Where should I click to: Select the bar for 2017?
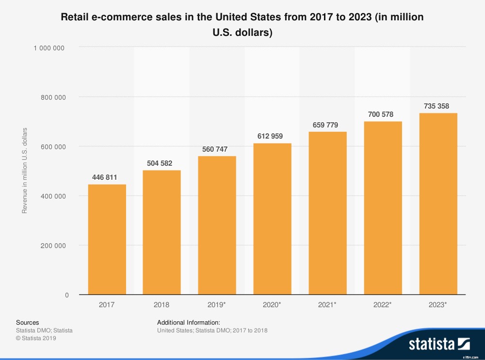click(x=107, y=239)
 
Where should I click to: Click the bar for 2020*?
click(x=272, y=219)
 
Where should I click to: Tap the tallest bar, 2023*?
click(x=438, y=203)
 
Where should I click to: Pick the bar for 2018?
click(x=162, y=232)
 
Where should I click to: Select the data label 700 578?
click(x=383, y=114)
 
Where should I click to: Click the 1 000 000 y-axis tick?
click(x=49, y=47)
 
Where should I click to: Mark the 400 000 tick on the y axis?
click(x=52, y=196)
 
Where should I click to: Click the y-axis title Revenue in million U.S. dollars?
click(x=25, y=171)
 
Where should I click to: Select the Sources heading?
click(x=27, y=322)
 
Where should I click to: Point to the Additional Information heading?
click(x=189, y=322)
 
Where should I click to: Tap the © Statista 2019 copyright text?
click(x=36, y=338)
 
